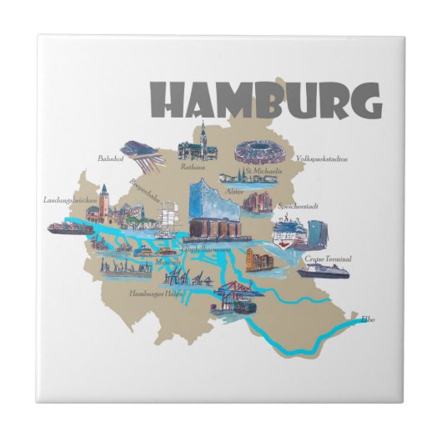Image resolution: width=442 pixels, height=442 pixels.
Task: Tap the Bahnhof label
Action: click(x=110, y=157)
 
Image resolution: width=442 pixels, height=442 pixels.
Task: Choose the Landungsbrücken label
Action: click(x=68, y=199)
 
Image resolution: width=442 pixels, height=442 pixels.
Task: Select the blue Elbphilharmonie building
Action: click(x=214, y=209)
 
